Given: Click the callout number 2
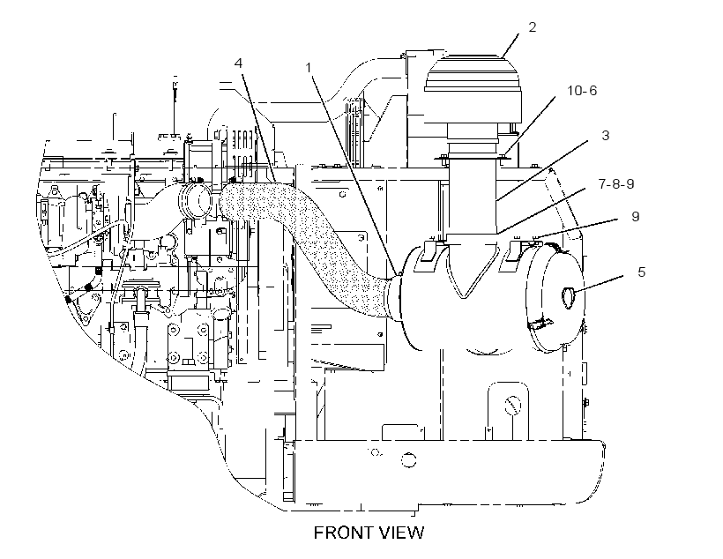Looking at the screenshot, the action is [x=532, y=27].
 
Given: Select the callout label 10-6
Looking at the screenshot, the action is [x=581, y=91].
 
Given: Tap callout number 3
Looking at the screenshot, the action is [x=606, y=135].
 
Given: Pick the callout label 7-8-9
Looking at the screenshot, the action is [x=616, y=184].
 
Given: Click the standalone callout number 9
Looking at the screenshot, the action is [x=636, y=216].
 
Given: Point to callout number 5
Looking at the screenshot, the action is [x=641, y=272].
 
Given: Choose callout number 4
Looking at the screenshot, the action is [x=238, y=63].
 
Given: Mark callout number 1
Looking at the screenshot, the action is [x=309, y=68].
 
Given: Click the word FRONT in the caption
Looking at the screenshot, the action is [x=341, y=533].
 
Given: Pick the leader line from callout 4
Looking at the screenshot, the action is [x=258, y=124].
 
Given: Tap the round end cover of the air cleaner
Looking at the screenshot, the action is [x=555, y=297].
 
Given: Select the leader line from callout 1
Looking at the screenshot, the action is [x=355, y=176].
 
